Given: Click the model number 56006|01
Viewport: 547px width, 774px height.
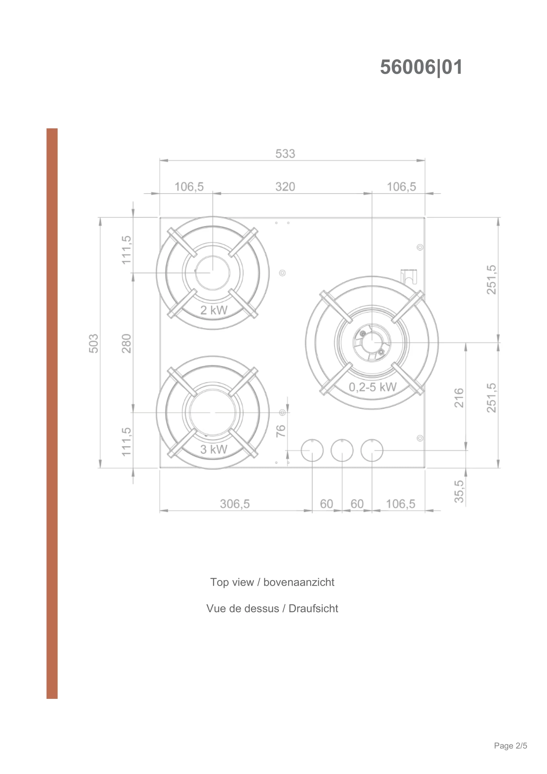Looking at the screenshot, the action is point(421,67).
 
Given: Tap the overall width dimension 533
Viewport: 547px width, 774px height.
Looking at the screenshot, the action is point(285,154).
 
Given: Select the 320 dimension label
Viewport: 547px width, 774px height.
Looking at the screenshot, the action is point(285,187).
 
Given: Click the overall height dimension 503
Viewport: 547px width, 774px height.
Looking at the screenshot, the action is point(94,343).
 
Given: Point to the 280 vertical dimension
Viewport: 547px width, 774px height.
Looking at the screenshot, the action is point(126,343).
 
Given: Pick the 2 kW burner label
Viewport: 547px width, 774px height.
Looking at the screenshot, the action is point(214,310).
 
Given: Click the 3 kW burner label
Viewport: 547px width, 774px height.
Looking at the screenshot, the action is point(214,449).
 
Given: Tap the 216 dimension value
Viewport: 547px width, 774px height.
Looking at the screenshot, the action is point(459,398).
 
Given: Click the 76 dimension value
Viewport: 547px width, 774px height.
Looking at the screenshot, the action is point(280,431).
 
